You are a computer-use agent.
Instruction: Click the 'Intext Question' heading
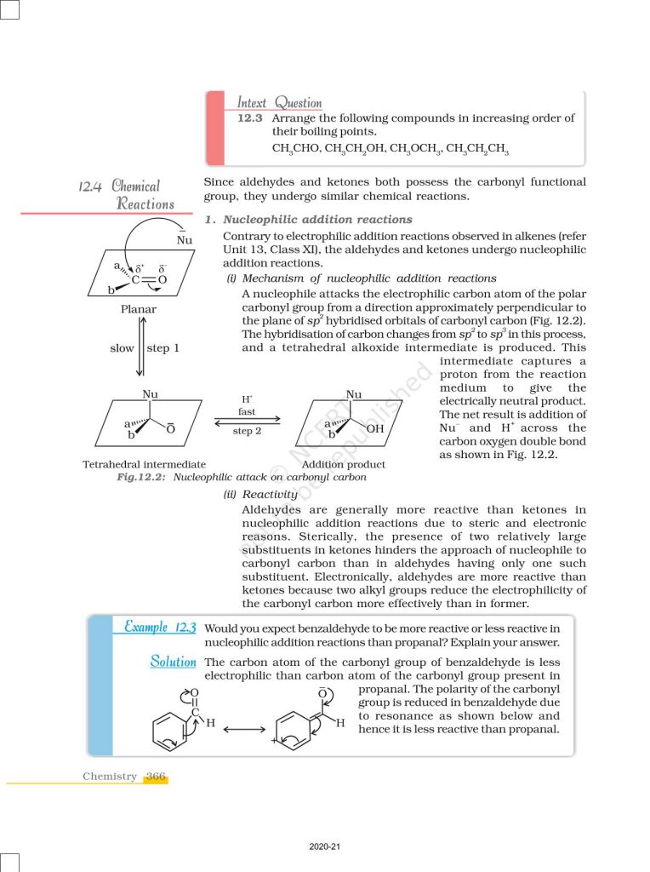[x=279, y=103]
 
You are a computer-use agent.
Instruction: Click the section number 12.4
[x=90, y=186]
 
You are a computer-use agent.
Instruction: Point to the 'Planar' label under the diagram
[x=138, y=309]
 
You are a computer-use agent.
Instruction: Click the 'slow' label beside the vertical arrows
[x=122, y=348]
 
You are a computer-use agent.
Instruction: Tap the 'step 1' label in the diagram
[x=163, y=348]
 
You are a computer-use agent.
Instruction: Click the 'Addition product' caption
[x=344, y=464]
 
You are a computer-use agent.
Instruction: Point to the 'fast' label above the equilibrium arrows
[x=247, y=411]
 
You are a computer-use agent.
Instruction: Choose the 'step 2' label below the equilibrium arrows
[x=247, y=432]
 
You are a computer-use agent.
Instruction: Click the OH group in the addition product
[x=375, y=428]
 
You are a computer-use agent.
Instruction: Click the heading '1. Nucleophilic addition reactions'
[x=309, y=220]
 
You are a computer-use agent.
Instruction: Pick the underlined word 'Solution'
[x=173, y=662]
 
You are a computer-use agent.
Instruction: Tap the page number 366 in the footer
[x=156, y=777]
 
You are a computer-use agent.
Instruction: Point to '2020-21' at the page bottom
[x=325, y=847]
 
